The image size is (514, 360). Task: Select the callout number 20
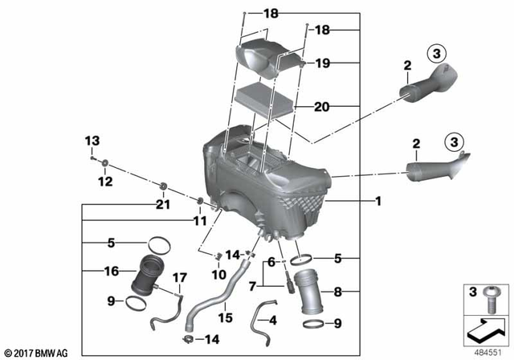tap(323, 106)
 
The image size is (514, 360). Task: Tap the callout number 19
tap(323, 63)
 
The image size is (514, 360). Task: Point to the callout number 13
tap(91, 142)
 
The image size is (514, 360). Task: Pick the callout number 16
tap(112, 272)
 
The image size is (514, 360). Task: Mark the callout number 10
tap(217, 274)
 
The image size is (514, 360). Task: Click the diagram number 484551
tap(487, 351)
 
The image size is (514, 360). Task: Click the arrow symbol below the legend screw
tap(487, 328)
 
